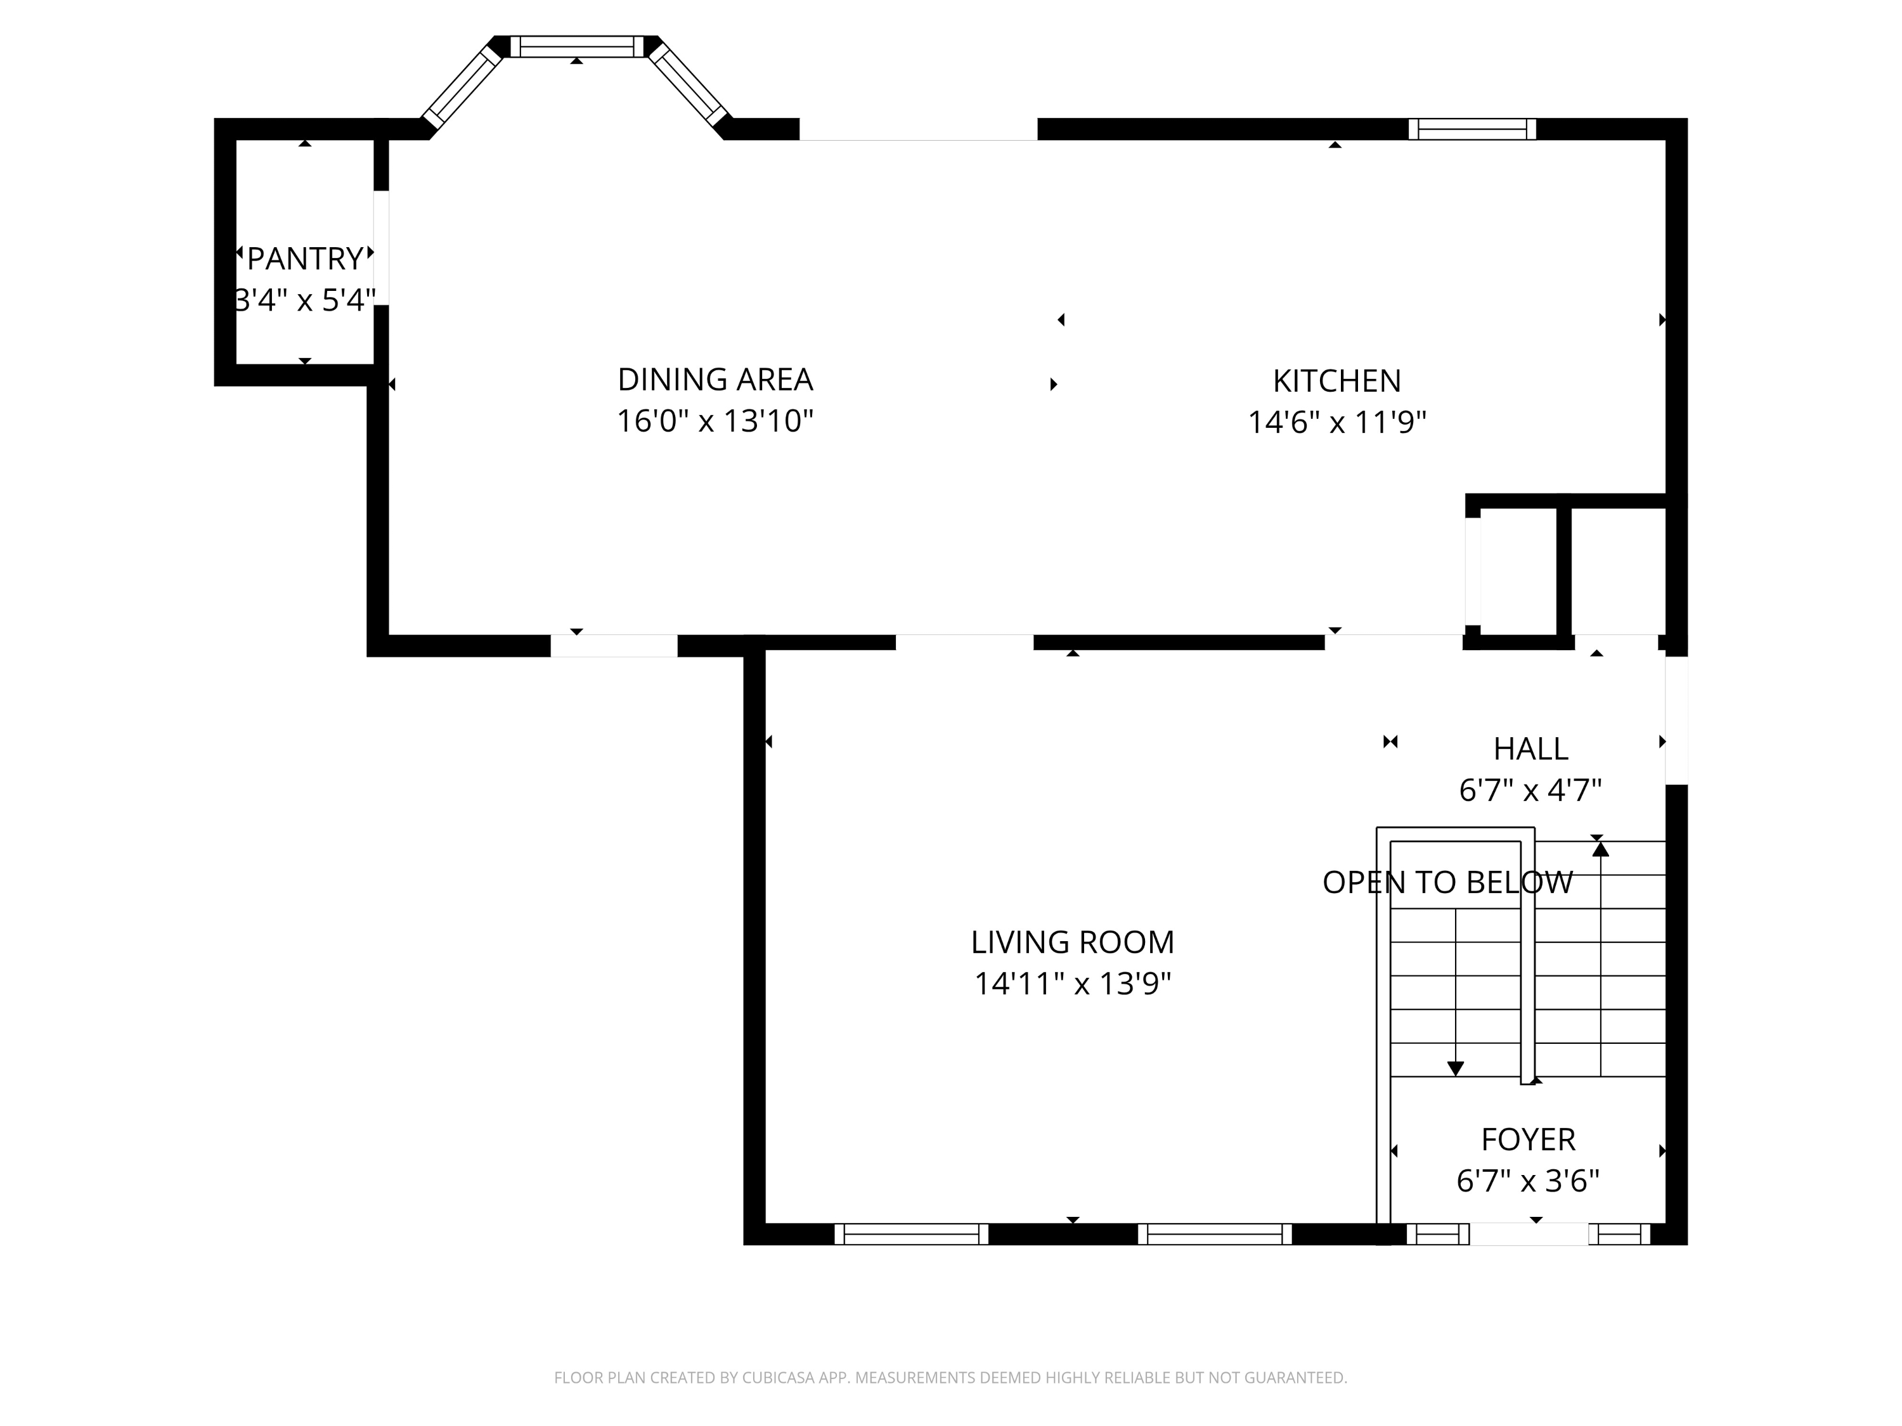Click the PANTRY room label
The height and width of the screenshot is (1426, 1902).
tap(305, 259)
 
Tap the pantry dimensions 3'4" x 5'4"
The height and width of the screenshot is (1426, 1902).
tap(305, 300)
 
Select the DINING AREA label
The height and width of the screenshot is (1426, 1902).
tap(715, 379)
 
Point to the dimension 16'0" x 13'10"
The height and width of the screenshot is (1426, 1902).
tap(715, 421)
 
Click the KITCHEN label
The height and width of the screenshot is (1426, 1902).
tap(1336, 381)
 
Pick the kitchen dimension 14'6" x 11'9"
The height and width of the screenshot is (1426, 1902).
tap(1336, 422)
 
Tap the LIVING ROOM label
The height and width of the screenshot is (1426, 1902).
tap(1072, 942)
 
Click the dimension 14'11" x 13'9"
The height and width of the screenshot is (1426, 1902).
tap(1072, 984)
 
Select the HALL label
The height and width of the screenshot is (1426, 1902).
tap(1530, 748)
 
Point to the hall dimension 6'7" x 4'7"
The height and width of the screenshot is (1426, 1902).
tap(1530, 790)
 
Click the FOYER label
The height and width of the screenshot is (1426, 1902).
tap(1528, 1140)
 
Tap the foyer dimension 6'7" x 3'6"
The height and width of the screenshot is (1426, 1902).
tap(1528, 1181)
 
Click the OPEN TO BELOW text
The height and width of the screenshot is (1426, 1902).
tap(1447, 883)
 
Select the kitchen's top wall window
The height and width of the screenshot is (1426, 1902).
tap(1472, 129)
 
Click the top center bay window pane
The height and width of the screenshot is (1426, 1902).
tap(577, 46)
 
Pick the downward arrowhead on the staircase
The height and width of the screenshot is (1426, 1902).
tap(1455, 1069)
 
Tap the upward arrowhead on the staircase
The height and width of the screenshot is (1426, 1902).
tap(1600, 849)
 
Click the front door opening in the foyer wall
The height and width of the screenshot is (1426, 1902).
tap(1529, 1235)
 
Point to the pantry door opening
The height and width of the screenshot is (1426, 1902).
tap(381, 248)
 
